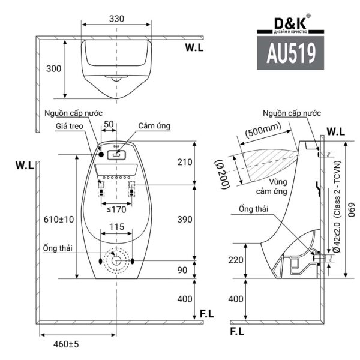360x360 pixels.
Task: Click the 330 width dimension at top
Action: (117, 18)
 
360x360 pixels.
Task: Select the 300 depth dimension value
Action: (54, 69)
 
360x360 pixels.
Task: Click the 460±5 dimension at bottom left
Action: (67, 345)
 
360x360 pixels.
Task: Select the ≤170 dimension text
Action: (116, 209)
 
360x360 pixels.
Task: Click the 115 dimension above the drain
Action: (116, 228)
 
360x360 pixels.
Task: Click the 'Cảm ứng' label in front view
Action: (155, 126)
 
